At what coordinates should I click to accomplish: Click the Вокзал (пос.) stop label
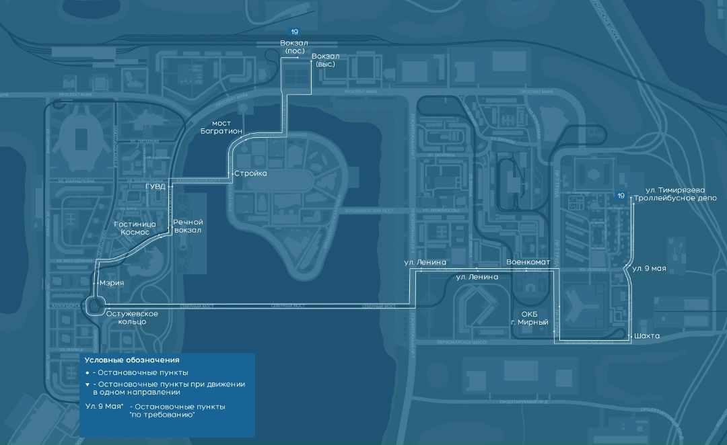293,47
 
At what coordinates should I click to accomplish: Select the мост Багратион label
221,127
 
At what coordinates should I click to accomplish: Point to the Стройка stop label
251,173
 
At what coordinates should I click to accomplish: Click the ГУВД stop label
155,188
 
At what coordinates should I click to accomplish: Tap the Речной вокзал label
188,226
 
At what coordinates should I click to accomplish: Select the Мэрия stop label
112,283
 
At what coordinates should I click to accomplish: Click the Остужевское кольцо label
133,317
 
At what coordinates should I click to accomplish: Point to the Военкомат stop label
528,261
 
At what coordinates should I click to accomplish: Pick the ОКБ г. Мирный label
530,318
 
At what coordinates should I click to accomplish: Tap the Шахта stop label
646,335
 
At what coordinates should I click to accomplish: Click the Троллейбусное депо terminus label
676,199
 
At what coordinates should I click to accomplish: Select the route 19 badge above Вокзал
294,32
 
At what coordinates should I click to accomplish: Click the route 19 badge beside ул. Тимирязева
623,195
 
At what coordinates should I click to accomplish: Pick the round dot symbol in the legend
88,372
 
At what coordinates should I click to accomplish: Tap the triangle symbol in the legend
88,385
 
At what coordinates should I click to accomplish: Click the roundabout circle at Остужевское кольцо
94,307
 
